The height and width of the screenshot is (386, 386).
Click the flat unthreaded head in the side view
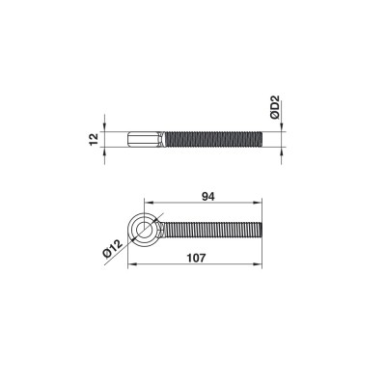point(145,139)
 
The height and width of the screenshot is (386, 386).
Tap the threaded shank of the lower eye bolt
point(212,229)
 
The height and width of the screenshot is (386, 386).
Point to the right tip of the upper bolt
point(261,139)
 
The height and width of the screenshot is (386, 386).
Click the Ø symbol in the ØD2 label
point(274,117)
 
